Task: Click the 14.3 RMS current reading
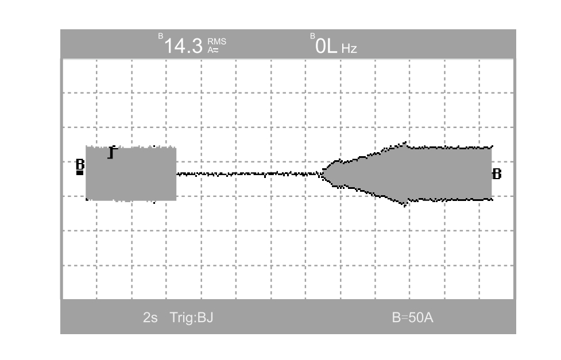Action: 183,46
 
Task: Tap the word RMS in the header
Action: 217,42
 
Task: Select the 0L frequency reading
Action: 326,47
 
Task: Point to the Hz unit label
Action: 349,49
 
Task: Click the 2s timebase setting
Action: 150,318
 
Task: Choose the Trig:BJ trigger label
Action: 191,318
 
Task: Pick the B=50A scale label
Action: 412,318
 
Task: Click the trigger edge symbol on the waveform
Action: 113,152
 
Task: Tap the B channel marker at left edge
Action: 80,164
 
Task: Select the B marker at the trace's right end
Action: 497,175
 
